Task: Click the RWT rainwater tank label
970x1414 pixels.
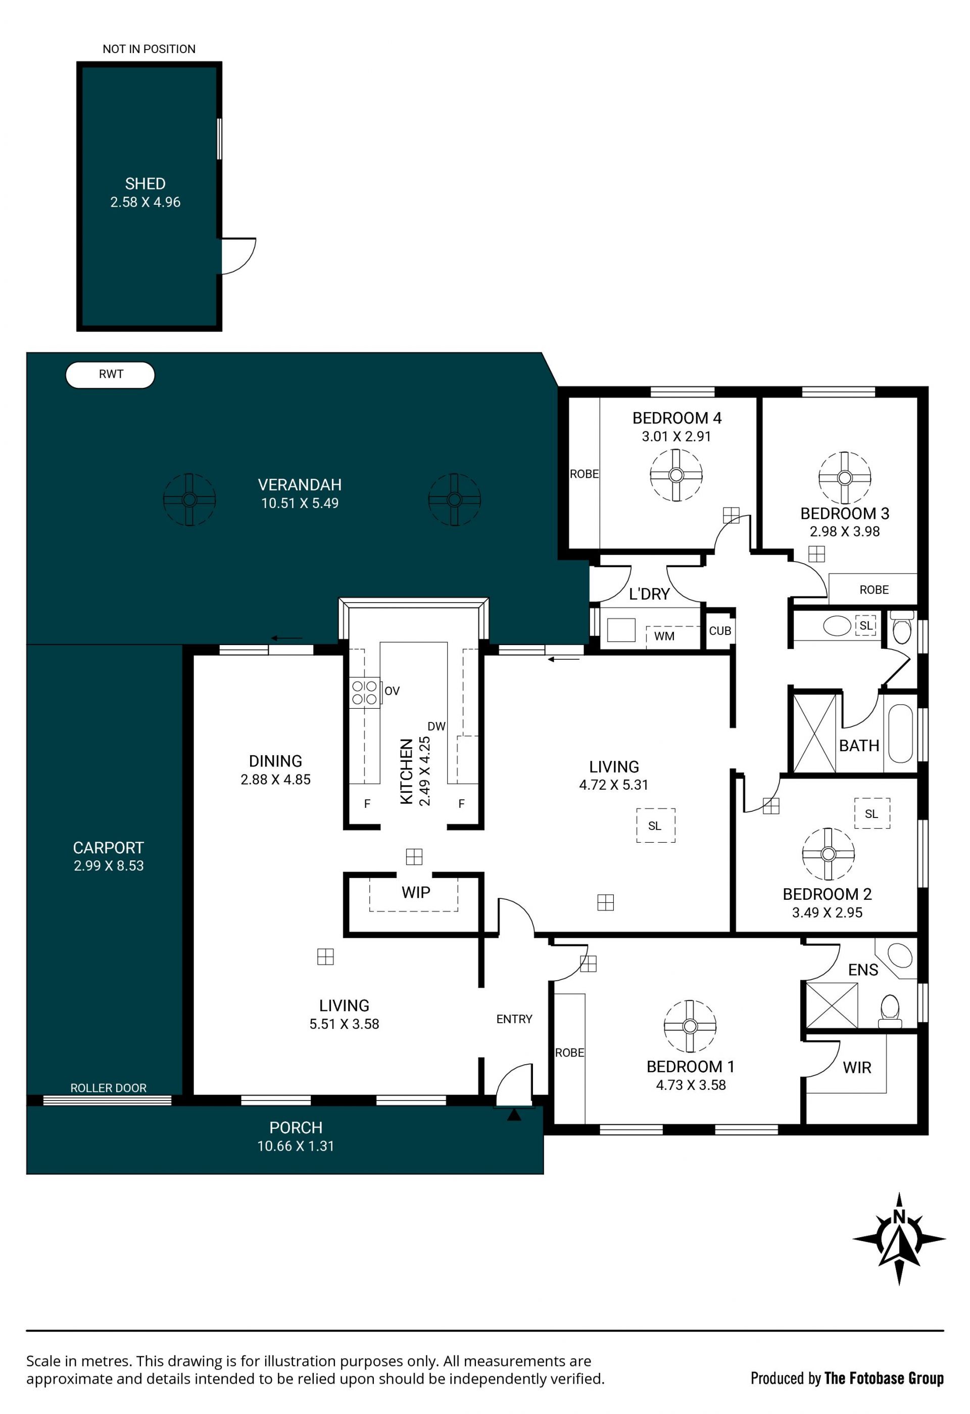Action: pos(111,374)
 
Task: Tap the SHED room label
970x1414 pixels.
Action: pos(145,184)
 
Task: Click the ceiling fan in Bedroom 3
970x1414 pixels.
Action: pos(844,478)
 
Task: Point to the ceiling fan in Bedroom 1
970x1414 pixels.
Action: pos(690,1026)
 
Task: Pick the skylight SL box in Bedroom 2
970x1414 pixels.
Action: pos(871,813)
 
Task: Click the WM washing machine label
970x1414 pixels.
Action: pos(664,636)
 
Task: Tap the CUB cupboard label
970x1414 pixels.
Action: pos(720,631)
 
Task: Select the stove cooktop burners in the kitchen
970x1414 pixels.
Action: pos(364,693)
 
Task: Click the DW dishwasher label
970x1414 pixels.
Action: pos(437,726)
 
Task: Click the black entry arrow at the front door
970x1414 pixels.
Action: pos(514,1115)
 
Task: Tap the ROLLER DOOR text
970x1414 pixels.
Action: pos(108,1088)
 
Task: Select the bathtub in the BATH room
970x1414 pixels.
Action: pos(901,734)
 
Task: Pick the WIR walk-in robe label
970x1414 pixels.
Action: pos(857,1067)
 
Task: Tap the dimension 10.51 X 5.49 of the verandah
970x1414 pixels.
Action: pos(300,503)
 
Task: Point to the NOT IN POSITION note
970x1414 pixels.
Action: pos(149,49)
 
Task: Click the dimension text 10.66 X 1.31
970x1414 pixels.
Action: pos(296,1146)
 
